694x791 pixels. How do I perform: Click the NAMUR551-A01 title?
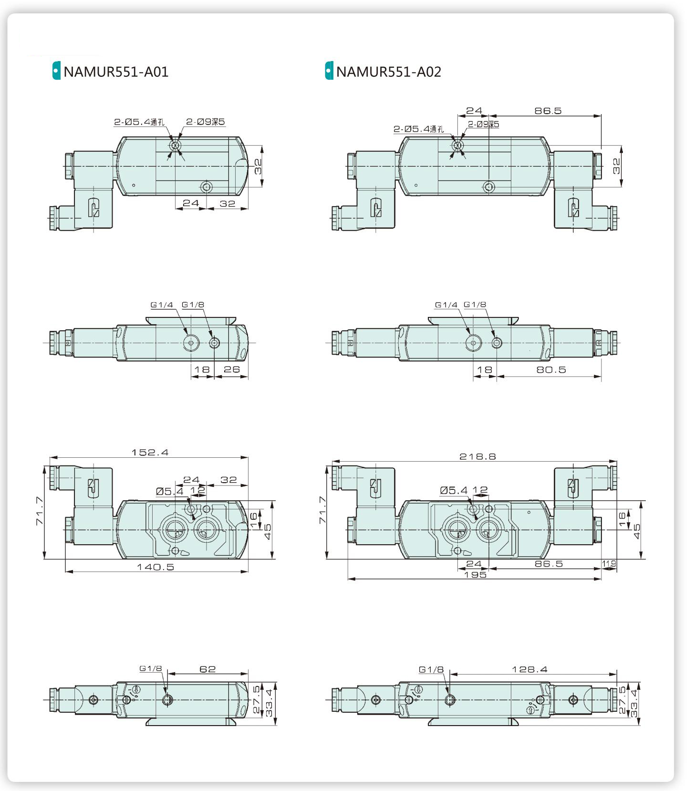point(116,72)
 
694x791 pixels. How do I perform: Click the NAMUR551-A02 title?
point(389,72)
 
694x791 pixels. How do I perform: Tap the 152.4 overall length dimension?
point(150,452)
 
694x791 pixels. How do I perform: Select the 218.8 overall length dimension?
point(477,456)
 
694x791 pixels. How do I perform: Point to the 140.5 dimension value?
point(155,567)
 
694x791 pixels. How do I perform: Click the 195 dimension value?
point(475,575)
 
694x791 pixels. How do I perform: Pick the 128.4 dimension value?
point(529,669)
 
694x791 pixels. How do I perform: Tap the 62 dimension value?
point(207,669)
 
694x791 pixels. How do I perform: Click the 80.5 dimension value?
point(551,369)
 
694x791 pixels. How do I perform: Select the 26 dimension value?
point(231,369)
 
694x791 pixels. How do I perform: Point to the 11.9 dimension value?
point(609,564)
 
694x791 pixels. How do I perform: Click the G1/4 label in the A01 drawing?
point(162,305)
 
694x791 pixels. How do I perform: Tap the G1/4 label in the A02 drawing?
point(446,305)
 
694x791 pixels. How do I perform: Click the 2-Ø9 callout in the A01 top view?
point(205,122)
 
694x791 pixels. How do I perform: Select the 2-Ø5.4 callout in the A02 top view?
point(418,129)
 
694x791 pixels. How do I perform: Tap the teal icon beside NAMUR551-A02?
point(329,71)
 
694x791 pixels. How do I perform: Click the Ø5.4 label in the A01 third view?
point(169,491)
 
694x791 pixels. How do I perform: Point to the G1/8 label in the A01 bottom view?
point(150,669)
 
